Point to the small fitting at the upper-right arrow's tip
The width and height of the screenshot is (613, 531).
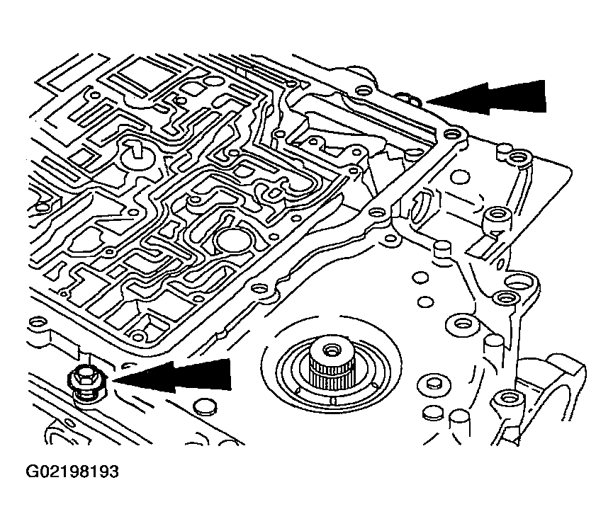(x=409, y=97)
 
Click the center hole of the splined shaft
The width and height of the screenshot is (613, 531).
(x=330, y=349)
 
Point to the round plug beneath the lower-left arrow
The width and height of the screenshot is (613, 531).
(x=206, y=407)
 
